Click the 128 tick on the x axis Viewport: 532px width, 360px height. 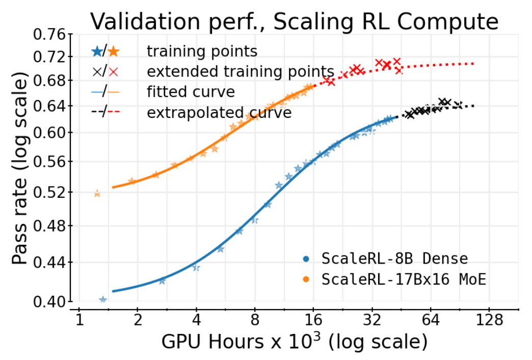489,321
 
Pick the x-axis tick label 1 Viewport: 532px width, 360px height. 79,321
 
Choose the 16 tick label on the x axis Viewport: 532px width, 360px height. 314,321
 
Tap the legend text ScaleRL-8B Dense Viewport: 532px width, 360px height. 394,259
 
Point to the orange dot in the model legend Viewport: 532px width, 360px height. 306,279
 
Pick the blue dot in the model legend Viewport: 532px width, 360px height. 306,259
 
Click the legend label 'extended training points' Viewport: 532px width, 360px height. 241,72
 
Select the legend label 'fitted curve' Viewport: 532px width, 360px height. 191,92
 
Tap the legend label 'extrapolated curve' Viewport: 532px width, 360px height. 219,113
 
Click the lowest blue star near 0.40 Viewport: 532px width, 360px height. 103,300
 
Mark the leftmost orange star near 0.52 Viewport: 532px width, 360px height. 97,193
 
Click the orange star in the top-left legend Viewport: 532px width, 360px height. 114,51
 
